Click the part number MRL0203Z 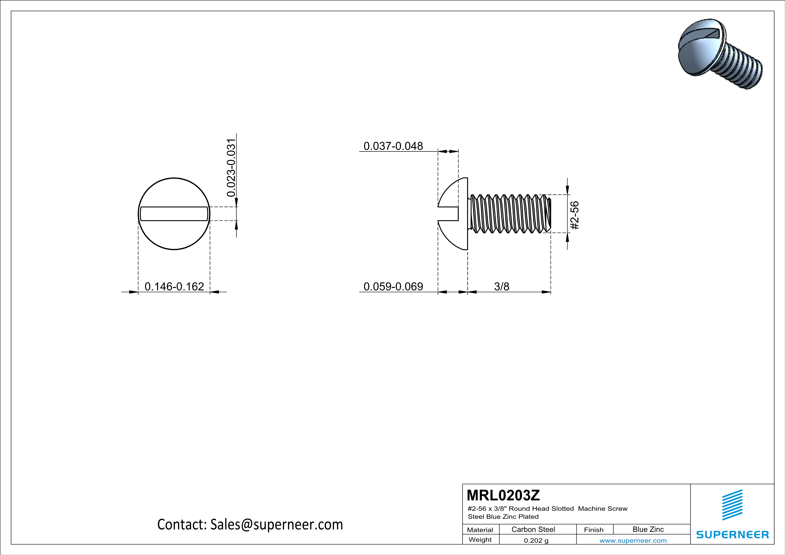point(503,495)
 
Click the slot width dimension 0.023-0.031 point(231,168)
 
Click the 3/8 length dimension point(502,286)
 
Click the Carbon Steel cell point(533,529)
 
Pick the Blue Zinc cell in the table point(648,529)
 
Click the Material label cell point(480,530)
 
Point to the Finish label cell point(594,530)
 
